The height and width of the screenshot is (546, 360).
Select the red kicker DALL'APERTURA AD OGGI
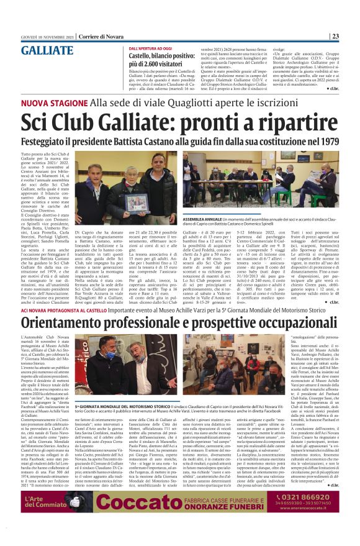[x=151, y=48]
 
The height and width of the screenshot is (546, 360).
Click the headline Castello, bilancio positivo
[x=161, y=56]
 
